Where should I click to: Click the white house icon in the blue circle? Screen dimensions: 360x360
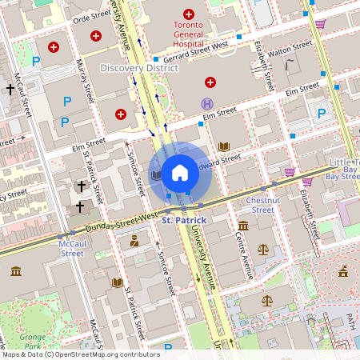180,172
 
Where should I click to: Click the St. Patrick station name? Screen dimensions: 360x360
184,219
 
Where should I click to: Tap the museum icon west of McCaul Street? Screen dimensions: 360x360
16,273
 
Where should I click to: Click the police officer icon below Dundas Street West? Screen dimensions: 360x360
134,238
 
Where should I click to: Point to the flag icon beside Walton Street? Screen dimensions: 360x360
290,64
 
